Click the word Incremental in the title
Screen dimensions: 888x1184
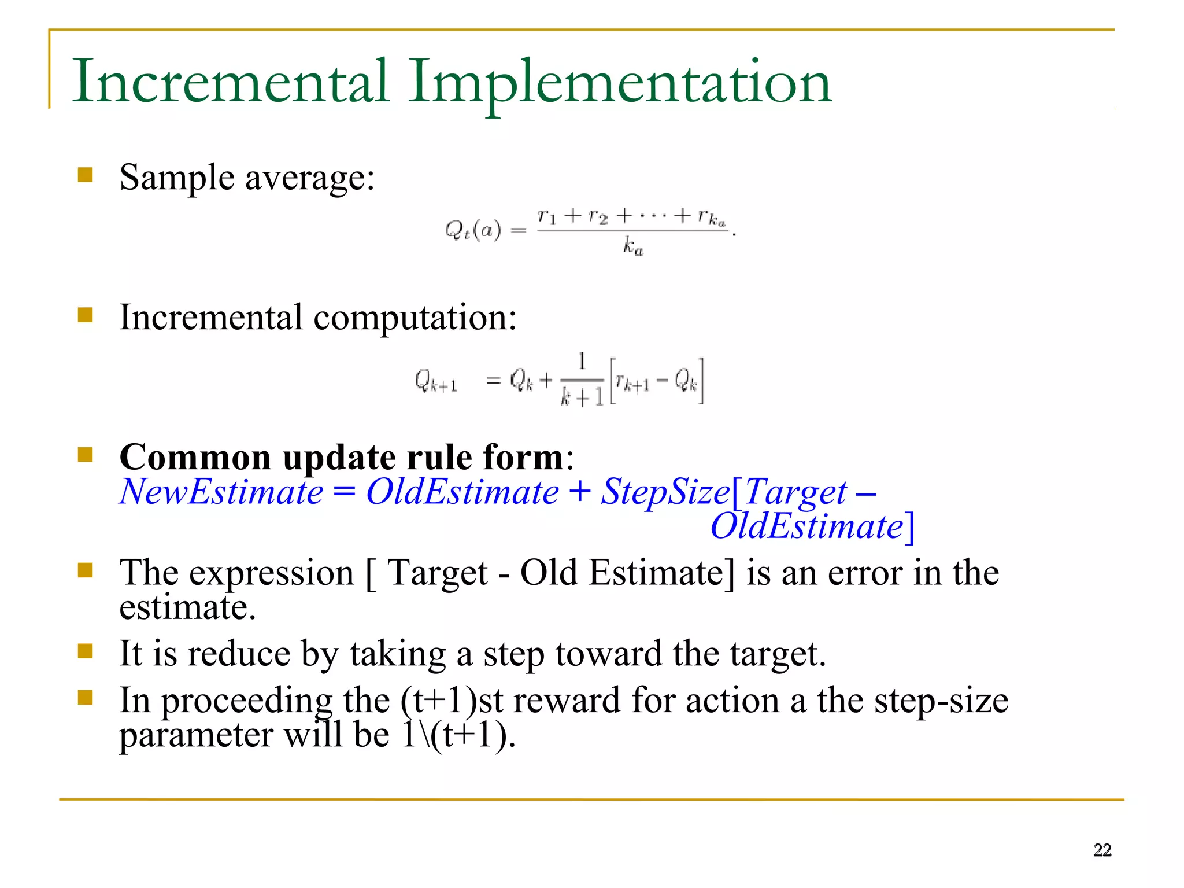[x=230, y=81]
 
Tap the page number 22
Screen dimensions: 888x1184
[x=1102, y=850]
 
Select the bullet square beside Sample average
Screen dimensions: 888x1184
[x=86, y=175]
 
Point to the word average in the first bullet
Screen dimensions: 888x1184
[x=310, y=178]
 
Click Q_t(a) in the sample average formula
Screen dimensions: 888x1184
[x=473, y=230]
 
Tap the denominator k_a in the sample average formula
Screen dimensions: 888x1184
[x=633, y=247]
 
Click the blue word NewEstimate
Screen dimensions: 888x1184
[x=221, y=492]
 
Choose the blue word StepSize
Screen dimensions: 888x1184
[x=665, y=492]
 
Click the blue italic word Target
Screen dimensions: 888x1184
[x=795, y=492]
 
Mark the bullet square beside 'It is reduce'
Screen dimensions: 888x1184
[x=86, y=652]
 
